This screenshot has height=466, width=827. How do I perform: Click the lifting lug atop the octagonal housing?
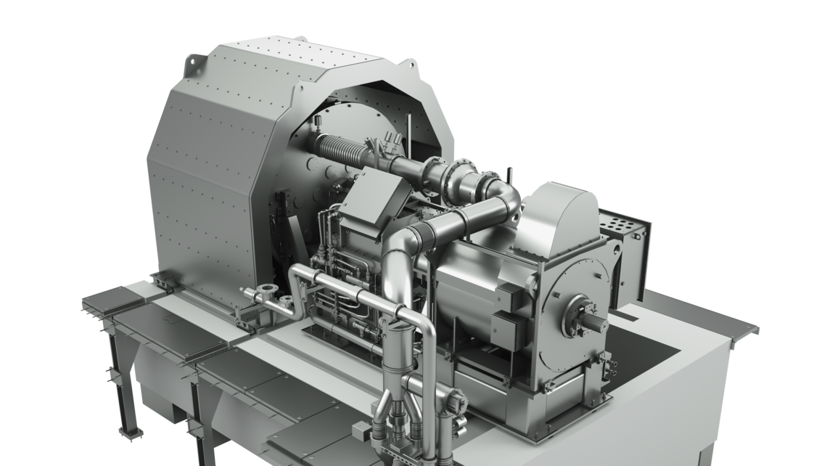[x=197, y=65]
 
